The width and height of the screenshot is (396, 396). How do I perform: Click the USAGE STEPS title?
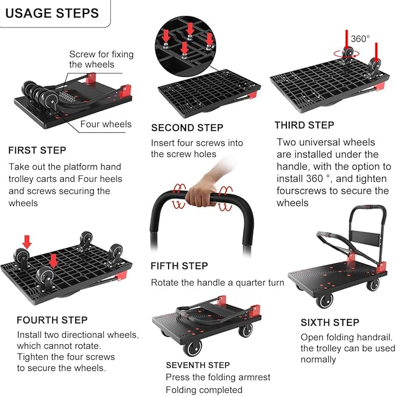[52, 13]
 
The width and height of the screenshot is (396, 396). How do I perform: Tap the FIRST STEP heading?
[37, 150]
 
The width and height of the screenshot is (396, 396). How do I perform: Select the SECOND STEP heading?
[187, 128]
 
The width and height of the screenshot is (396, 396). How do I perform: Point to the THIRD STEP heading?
[304, 125]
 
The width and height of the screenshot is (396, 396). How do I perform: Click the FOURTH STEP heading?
[52, 320]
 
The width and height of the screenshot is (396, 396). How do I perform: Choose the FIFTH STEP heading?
[179, 266]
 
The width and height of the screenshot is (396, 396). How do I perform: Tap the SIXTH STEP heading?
[330, 323]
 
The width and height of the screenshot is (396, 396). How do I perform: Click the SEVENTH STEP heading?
[198, 365]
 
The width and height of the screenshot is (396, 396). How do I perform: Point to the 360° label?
[360, 38]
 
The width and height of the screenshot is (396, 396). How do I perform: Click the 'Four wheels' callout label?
[106, 124]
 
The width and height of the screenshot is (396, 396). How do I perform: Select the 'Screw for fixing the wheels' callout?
[101, 59]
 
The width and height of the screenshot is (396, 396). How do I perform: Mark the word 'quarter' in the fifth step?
[244, 283]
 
